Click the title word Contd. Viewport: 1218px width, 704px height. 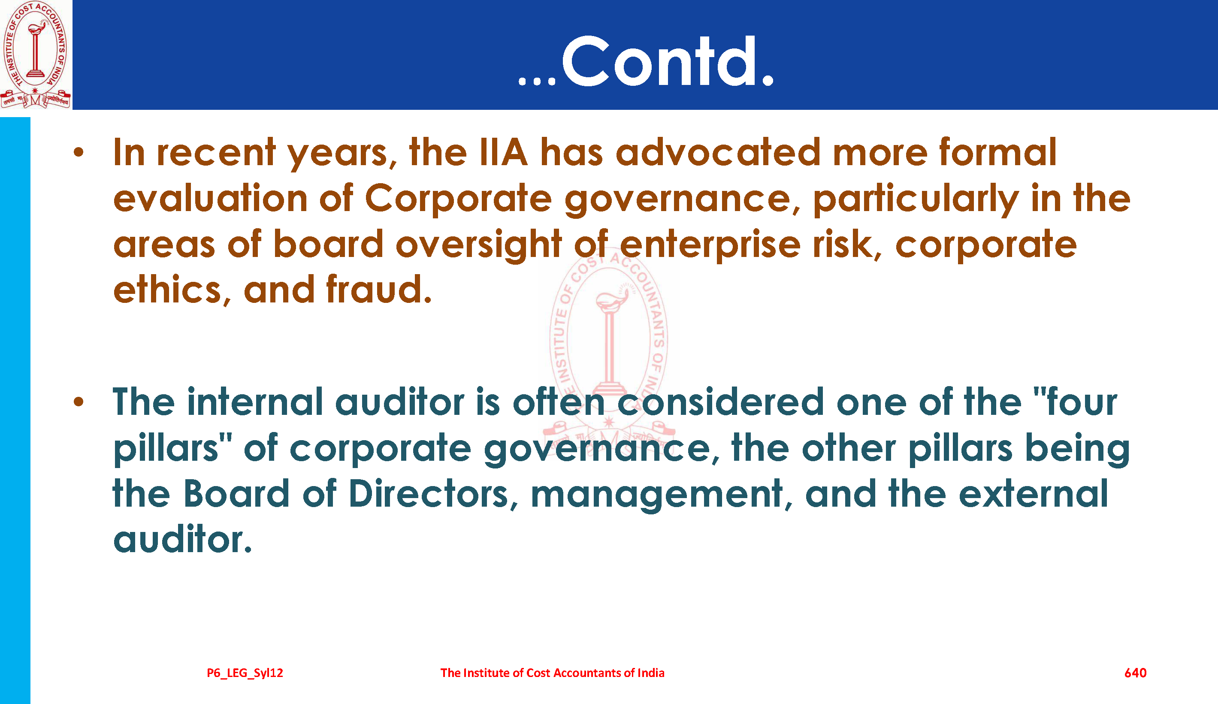[x=667, y=62]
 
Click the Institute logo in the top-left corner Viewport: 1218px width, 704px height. [x=35, y=54]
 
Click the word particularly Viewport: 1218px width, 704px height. [x=916, y=199]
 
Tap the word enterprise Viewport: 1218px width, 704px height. [x=710, y=245]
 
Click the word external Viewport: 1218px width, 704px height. [x=1034, y=494]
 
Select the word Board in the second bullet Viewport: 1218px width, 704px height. [x=237, y=494]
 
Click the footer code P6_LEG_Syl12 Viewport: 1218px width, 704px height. [x=245, y=673]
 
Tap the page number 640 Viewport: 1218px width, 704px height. [x=1135, y=673]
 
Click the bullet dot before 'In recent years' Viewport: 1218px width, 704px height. [x=79, y=153]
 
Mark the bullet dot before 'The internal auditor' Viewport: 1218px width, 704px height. [x=79, y=402]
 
